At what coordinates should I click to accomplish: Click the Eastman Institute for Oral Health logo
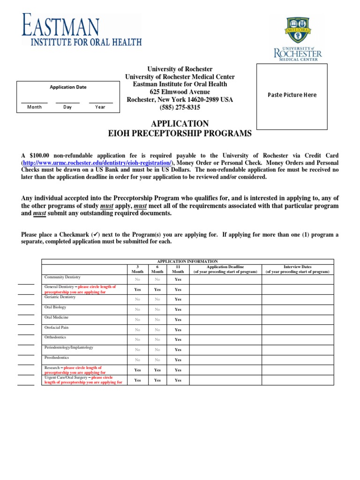pos(81,30)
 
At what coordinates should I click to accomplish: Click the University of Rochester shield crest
pos(298,30)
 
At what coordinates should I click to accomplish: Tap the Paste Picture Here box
pos(292,95)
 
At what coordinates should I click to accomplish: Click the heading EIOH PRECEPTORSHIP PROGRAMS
pos(180,134)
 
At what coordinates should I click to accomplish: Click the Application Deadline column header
pos(225,269)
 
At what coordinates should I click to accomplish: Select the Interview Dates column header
pos(297,269)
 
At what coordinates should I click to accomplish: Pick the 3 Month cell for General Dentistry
pos(137,290)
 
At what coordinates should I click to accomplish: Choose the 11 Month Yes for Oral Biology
pos(178,309)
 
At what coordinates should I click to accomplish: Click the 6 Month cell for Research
pos(157,370)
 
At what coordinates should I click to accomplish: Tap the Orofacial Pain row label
pos(57,328)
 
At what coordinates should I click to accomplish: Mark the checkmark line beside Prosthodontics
pos(26,365)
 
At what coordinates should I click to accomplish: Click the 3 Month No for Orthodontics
pos(137,339)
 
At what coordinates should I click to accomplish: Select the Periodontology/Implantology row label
pos(68,347)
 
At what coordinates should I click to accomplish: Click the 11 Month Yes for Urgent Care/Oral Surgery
pos(178,380)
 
